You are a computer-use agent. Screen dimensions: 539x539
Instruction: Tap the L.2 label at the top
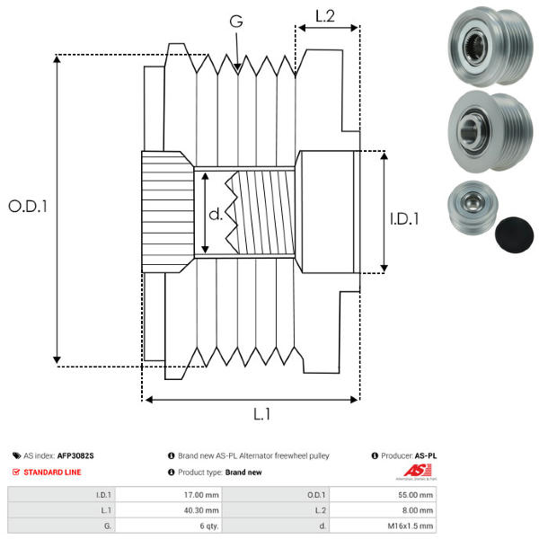pos(324,15)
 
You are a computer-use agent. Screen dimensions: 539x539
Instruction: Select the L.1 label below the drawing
pos(261,414)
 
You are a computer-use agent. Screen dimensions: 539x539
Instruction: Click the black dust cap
pos(513,232)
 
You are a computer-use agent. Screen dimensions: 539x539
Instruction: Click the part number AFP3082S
pos(75,455)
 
